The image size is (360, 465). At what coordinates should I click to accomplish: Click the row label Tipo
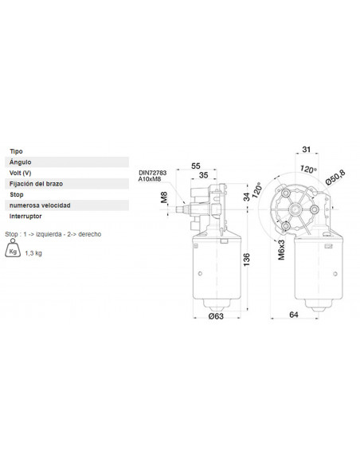tap(16, 150)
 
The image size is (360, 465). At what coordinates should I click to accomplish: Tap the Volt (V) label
tap(21, 172)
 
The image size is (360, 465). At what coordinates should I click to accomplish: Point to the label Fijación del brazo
tap(37, 183)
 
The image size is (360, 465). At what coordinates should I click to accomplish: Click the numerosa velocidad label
tap(40, 205)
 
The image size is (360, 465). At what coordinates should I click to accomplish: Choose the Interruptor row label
tap(27, 216)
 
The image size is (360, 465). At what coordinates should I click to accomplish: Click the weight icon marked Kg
tap(13, 251)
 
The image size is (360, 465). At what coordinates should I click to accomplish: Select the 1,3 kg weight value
tap(34, 252)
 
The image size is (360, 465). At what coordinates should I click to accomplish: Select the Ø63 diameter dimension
tap(214, 316)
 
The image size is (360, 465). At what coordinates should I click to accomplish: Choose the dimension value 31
tap(306, 148)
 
